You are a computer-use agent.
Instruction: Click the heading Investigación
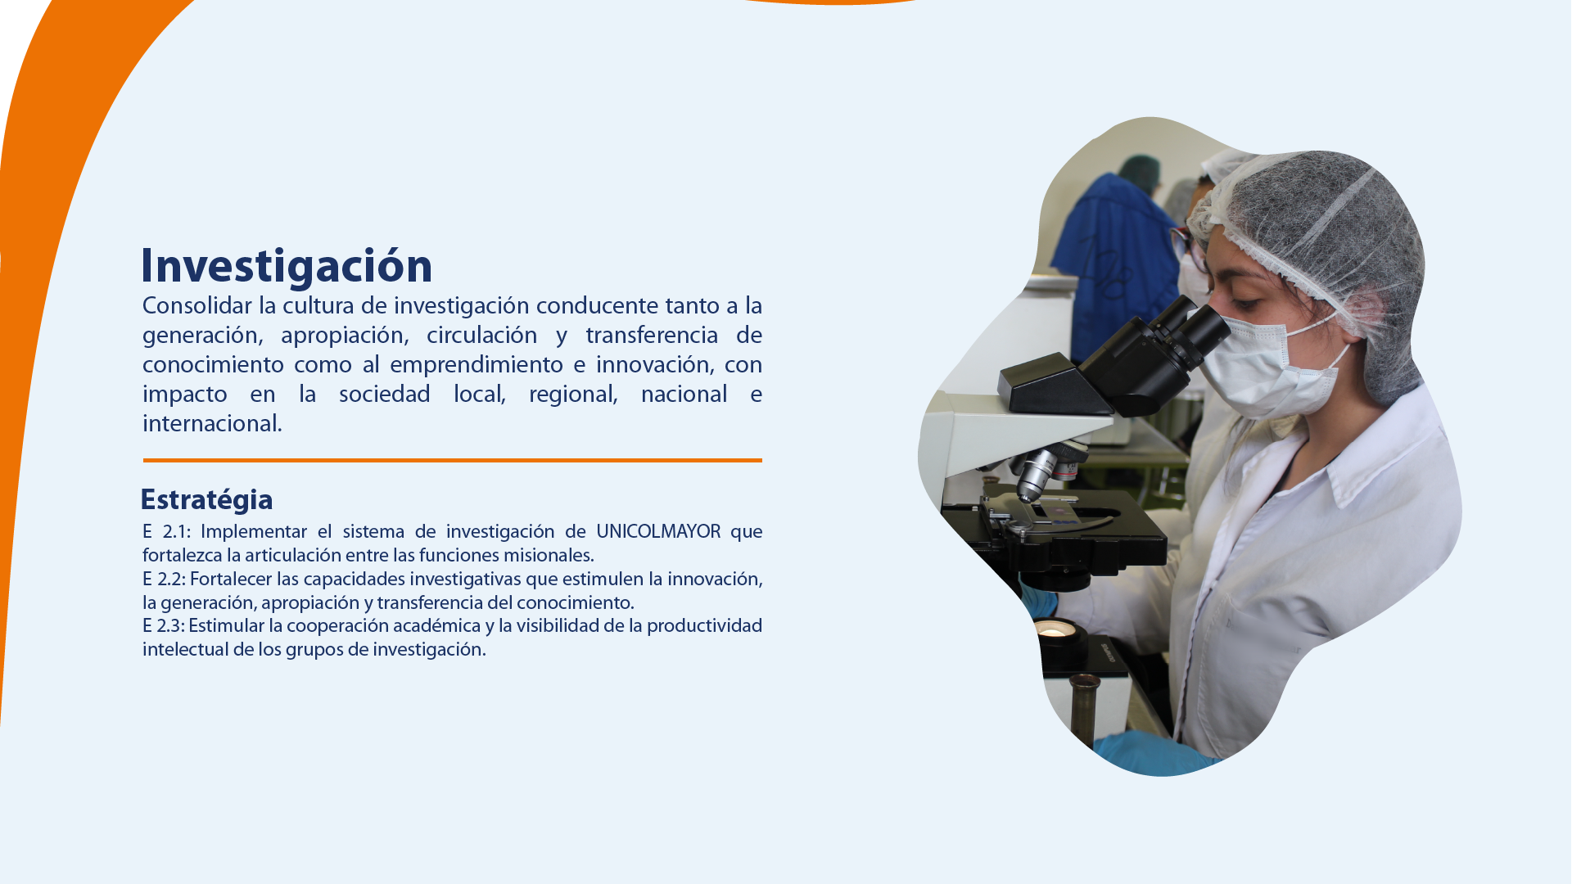(287, 266)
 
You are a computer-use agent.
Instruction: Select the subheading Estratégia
(206, 499)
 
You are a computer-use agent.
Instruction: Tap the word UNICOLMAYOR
(658, 532)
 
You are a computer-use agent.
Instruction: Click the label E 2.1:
(166, 532)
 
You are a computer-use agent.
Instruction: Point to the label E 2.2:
(164, 580)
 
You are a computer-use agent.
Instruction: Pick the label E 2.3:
(164, 626)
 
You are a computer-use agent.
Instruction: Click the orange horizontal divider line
(453, 460)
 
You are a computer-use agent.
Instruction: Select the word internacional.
(212, 424)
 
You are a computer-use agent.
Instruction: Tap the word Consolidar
(197, 306)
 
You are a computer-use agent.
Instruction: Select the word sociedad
(385, 395)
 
